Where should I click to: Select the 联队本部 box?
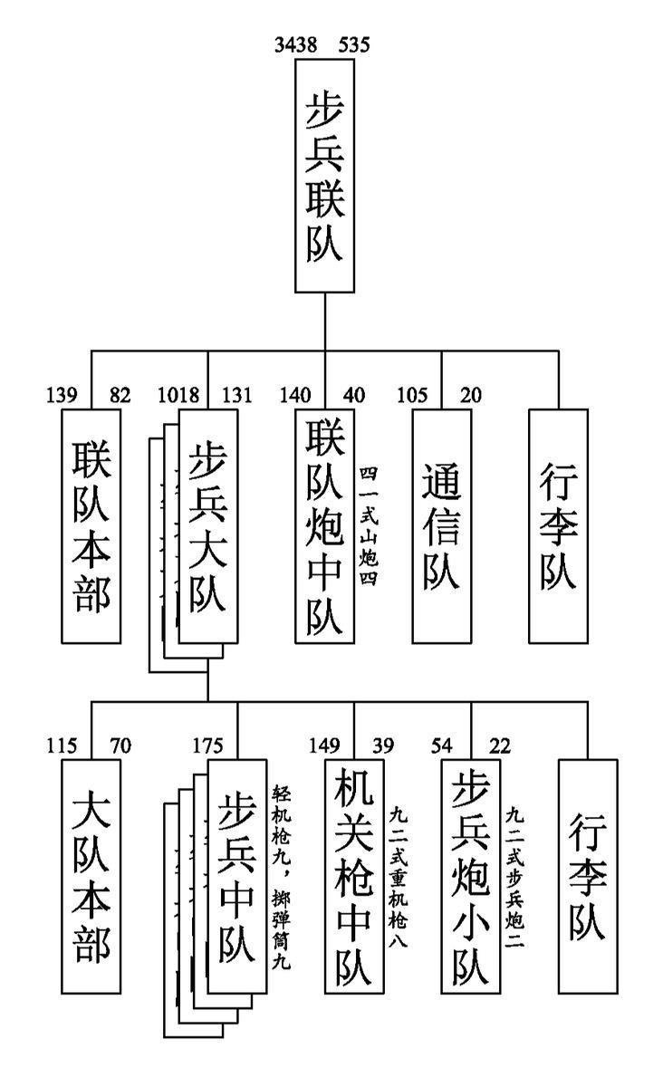click(x=91, y=525)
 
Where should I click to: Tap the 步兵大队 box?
click(x=207, y=525)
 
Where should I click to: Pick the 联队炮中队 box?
click(x=324, y=525)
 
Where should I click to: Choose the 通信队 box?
click(x=441, y=525)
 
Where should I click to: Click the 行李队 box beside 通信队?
click(x=558, y=525)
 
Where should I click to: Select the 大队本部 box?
click(x=91, y=877)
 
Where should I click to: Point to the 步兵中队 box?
click(x=237, y=877)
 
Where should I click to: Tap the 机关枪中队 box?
click(x=354, y=877)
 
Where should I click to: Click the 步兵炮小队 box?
click(x=471, y=877)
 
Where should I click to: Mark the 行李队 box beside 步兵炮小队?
click(x=588, y=877)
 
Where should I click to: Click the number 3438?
click(x=296, y=44)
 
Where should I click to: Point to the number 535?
click(x=353, y=44)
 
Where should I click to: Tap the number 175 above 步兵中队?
click(x=207, y=746)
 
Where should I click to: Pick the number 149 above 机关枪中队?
click(x=324, y=746)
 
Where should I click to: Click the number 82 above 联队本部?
click(x=120, y=395)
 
